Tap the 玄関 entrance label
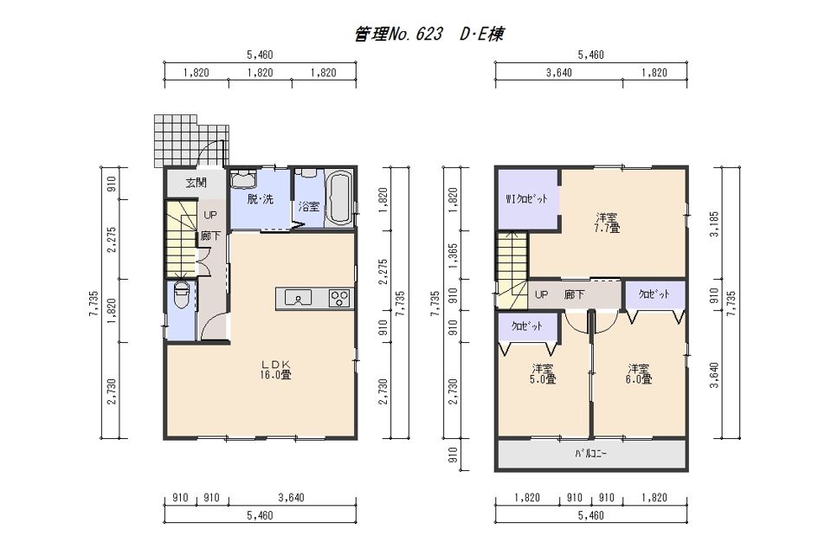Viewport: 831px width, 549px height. point(196,183)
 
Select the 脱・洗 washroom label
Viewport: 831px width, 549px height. point(260,199)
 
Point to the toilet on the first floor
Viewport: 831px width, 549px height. point(181,297)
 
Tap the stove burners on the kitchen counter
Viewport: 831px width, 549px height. point(338,299)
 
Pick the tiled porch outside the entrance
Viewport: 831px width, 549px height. point(192,141)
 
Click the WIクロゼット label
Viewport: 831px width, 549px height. point(527,199)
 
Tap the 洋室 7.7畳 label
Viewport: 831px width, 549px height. point(606,223)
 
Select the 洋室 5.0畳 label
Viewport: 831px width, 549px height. point(544,373)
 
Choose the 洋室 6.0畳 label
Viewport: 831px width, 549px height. point(640,373)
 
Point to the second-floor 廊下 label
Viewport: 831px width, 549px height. point(573,294)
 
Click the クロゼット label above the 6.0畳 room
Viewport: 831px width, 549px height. point(654,294)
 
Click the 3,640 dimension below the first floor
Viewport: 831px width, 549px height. point(293,499)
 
